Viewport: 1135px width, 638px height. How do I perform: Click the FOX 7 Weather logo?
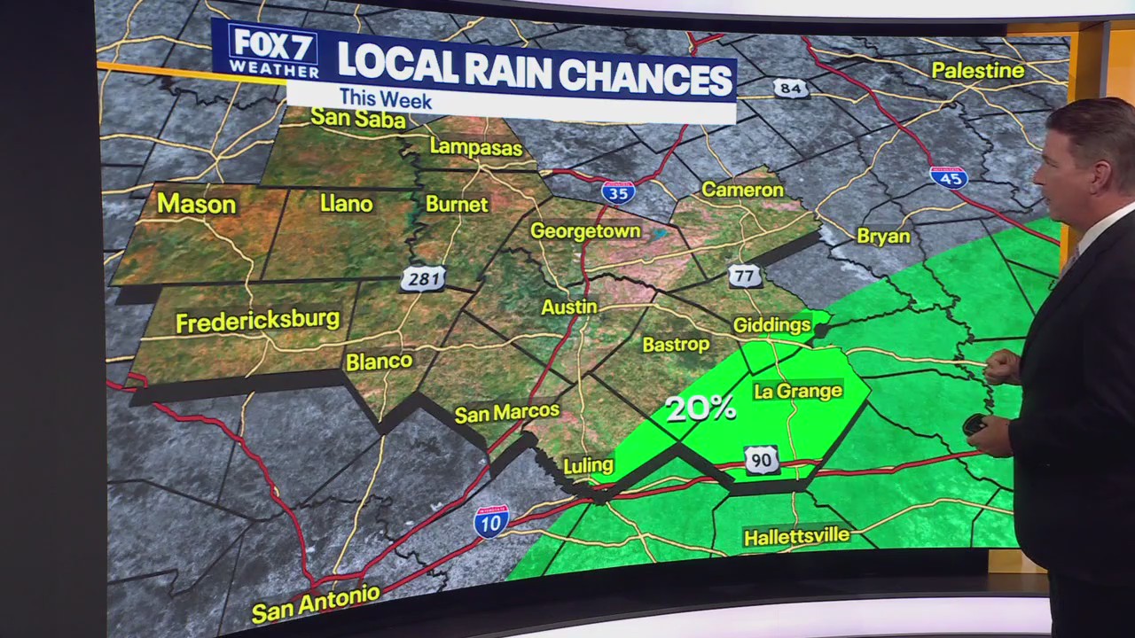[273, 51]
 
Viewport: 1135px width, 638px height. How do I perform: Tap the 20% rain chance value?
[701, 408]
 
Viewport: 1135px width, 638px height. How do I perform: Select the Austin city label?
[569, 307]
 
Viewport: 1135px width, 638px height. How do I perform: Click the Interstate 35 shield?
[617, 192]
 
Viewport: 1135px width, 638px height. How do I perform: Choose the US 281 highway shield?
[423, 279]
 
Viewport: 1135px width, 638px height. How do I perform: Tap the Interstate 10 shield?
[491, 521]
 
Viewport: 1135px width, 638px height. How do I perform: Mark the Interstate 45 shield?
[948, 177]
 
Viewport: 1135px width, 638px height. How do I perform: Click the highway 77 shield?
[745, 276]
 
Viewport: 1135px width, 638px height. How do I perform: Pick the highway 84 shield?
[790, 88]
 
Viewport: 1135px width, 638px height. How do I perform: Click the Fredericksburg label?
[257, 320]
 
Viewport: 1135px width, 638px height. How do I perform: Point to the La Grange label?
[797, 391]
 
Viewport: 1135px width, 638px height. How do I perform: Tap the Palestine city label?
[977, 71]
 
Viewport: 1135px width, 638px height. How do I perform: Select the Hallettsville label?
[796, 537]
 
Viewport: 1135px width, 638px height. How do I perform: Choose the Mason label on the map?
[196, 205]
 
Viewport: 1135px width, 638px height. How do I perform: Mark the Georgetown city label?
[585, 231]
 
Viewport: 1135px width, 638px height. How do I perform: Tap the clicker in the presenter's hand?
[975, 424]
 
